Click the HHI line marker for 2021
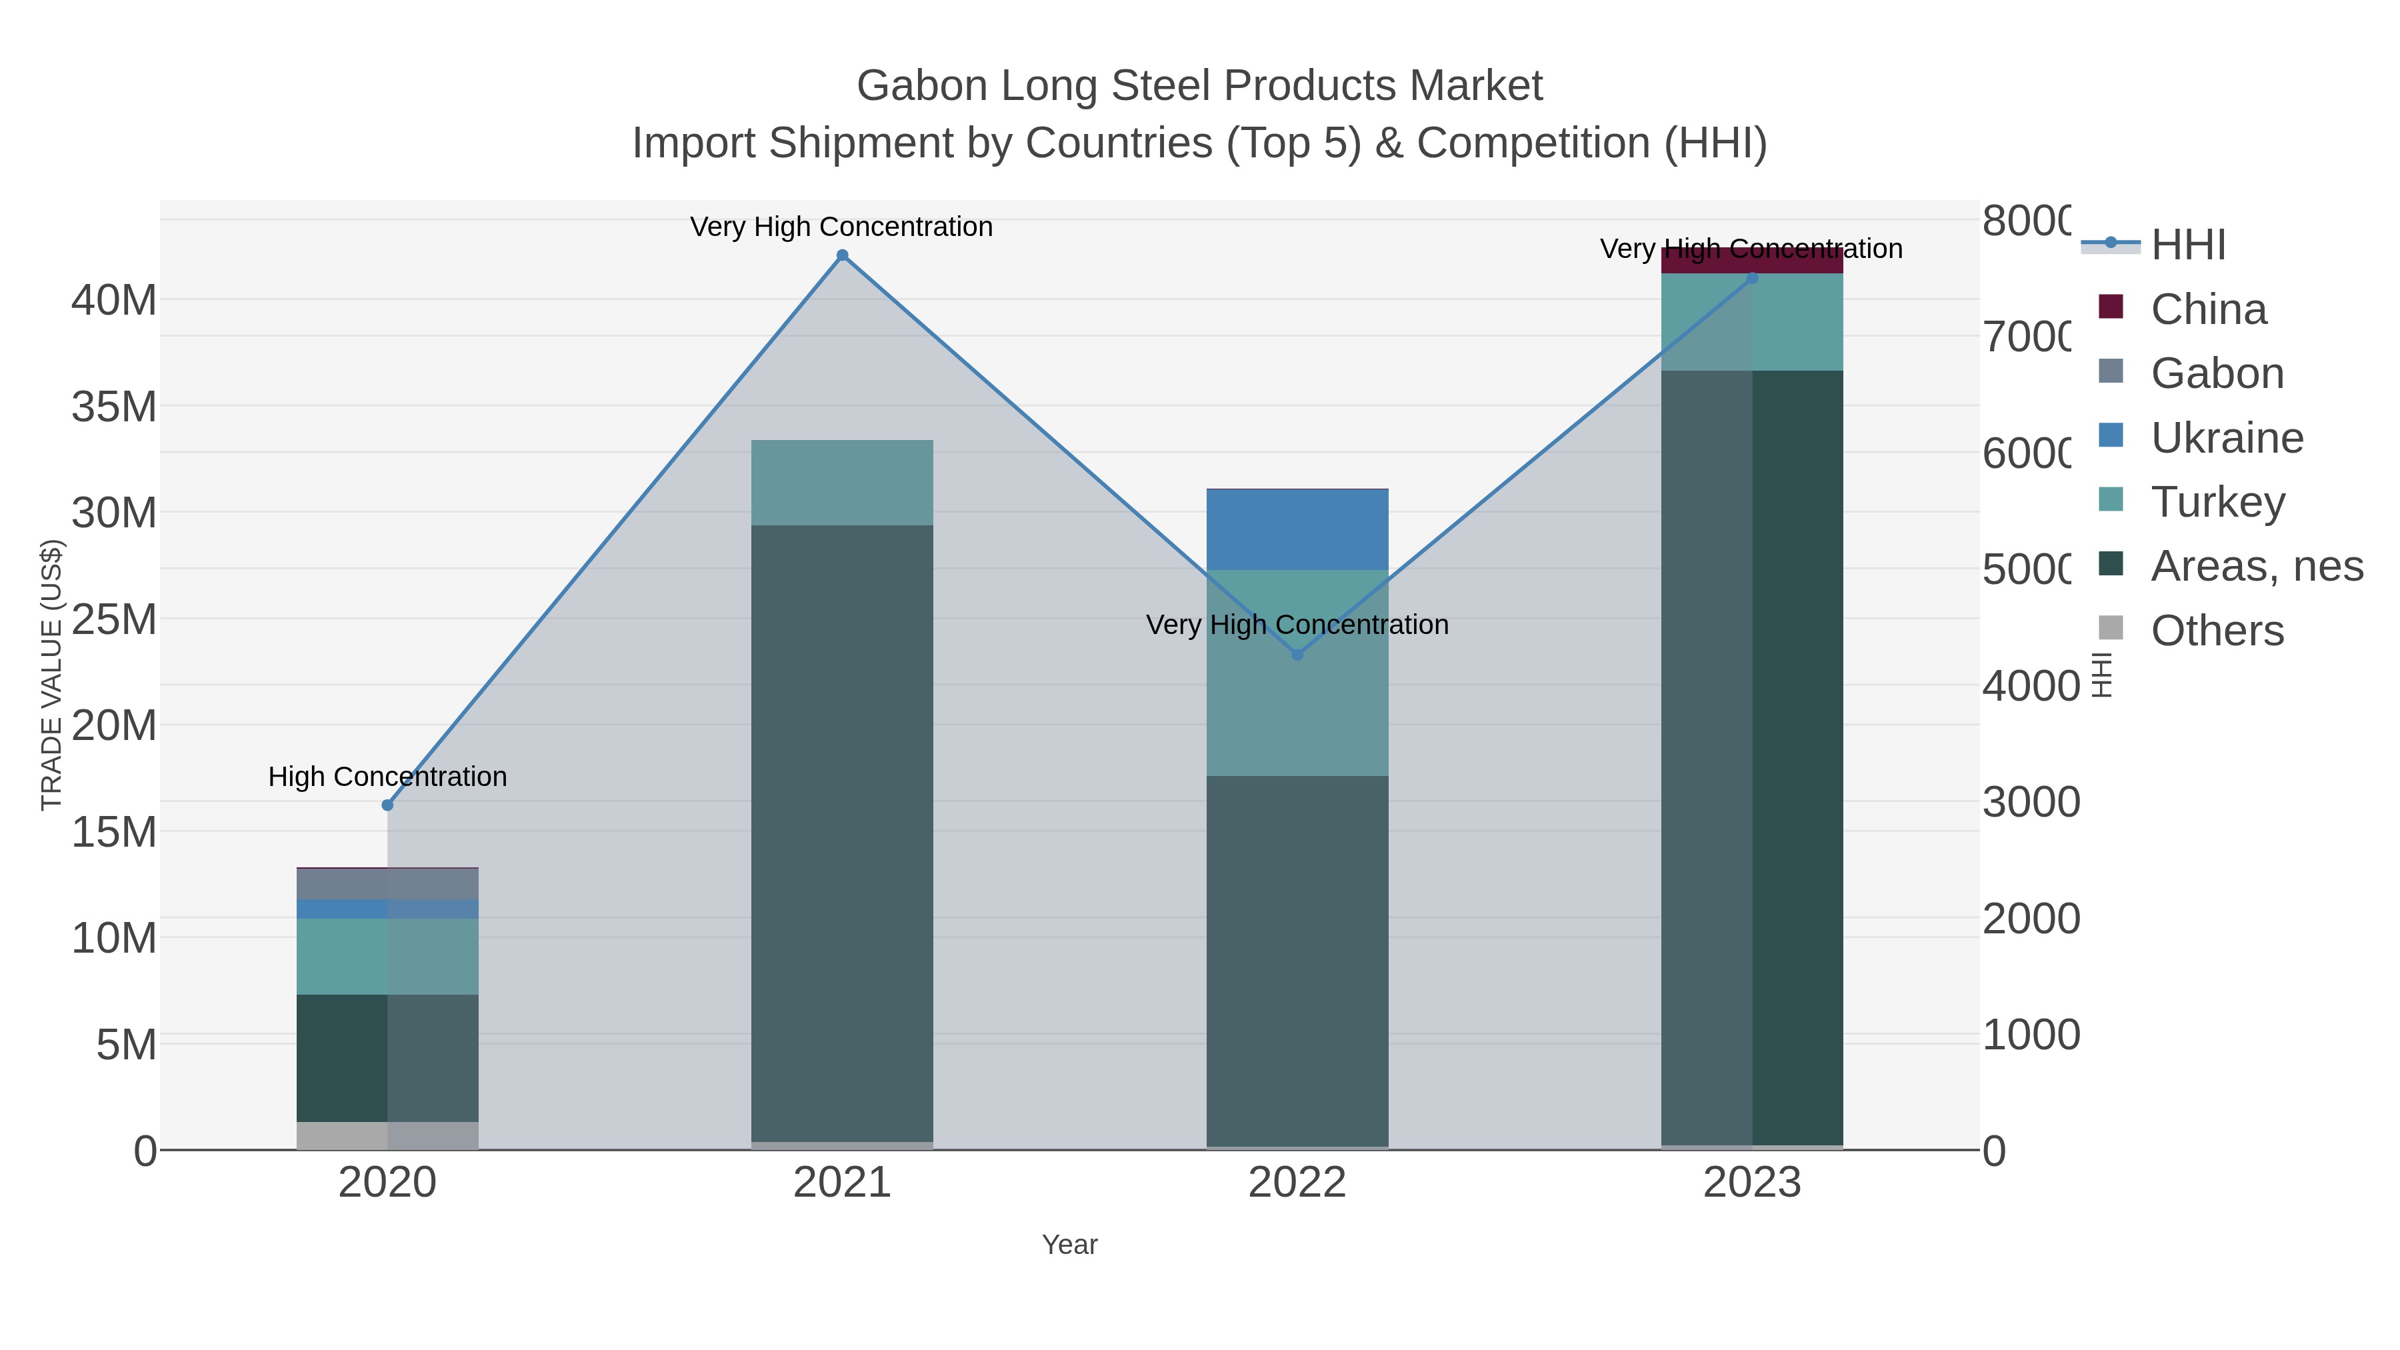pos(842,255)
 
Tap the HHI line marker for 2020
pos(387,805)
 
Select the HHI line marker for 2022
pos(1297,655)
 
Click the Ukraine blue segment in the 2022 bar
pos(1297,529)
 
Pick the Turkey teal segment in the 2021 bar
pos(842,483)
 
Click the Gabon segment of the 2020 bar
pos(387,883)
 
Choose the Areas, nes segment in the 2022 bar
pos(1297,959)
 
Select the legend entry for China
pos(2208,309)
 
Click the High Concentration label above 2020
pos(387,776)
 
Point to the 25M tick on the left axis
pos(113,619)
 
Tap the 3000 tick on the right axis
pos(2031,801)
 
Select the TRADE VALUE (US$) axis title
pos(51,673)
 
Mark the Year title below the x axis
pos(1069,1245)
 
